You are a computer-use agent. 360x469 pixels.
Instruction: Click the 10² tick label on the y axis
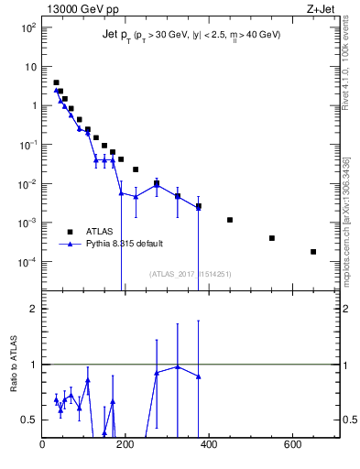[28, 27]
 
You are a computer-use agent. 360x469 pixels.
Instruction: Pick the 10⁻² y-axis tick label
[27, 184]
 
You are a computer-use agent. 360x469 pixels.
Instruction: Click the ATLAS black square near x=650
[313, 252]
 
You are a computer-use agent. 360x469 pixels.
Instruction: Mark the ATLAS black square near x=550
[272, 238]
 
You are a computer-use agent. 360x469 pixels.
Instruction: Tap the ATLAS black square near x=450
[230, 220]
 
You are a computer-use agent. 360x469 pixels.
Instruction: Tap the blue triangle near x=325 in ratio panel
[178, 366]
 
